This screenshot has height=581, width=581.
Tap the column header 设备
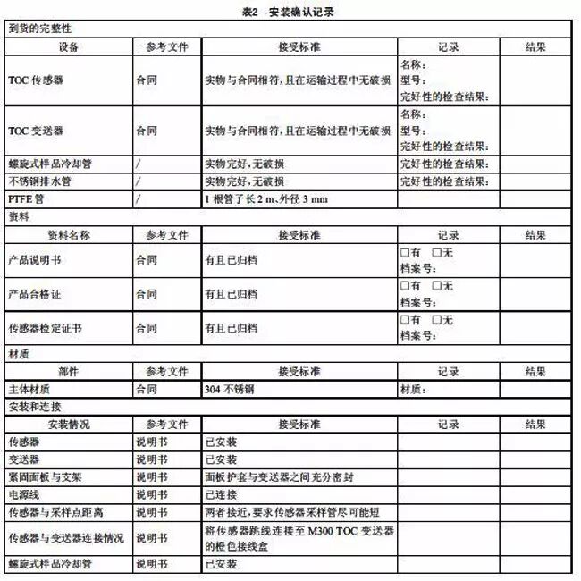[x=68, y=46]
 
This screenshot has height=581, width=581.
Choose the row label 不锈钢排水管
[x=39, y=181]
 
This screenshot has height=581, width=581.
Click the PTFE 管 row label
[x=27, y=198]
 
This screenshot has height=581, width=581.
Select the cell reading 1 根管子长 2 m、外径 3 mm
[x=265, y=198]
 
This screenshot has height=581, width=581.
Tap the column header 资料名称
[x=68, y=234]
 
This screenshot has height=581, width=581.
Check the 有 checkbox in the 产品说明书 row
[x=404, y=251]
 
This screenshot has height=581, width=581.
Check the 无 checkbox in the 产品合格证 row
[x=437, y=286]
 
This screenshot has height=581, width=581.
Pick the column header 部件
[x=68, y=371]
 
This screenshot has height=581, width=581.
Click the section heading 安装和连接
[x=36, y=407]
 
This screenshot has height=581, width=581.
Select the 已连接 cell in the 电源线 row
[x=220, y=493]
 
